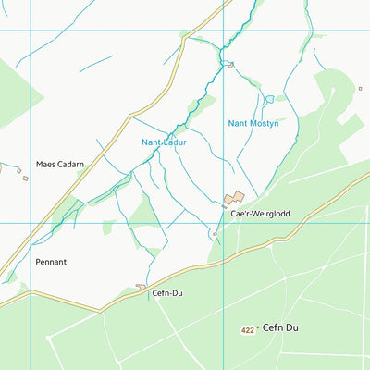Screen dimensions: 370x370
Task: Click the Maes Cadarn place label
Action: [60, 165]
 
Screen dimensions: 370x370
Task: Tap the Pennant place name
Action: [51, 262]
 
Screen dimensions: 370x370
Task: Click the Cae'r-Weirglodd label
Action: [260, 214]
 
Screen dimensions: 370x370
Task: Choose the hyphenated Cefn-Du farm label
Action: [166, 294]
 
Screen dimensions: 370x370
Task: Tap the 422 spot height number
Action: [247, 328]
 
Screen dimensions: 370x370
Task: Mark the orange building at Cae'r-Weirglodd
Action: [234, 198]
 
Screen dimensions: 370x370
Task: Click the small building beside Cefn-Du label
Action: [141, 288]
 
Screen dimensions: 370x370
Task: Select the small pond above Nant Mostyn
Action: [269, 99]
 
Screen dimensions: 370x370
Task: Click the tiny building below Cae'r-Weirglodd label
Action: [215, 234]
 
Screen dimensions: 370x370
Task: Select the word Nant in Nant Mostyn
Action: [238, 123]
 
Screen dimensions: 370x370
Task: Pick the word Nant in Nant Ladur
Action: [152, 142]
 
